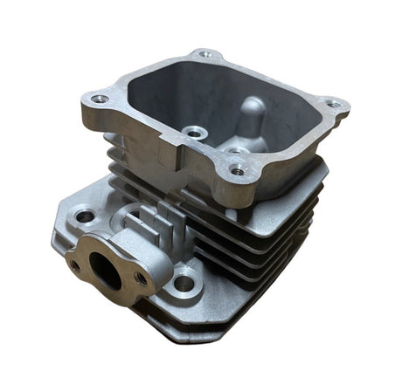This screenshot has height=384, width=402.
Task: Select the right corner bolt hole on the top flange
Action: pyautogui.click(x=333, y=104)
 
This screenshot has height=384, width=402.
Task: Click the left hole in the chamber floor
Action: pyautogui.click(x=193, y=134)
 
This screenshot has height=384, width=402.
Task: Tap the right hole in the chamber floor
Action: pyautogui.click(x=235, y=150)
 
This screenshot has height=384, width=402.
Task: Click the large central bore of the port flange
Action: pyautogui.click(x=107, y=270)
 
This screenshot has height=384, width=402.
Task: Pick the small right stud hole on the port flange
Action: pyautogui.click(x=141, y=278)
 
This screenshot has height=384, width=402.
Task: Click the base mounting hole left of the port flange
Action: pyautogui.click(x=85, y=215)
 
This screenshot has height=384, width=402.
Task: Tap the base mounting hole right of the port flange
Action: pyautogui.click(x=184, y=282)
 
